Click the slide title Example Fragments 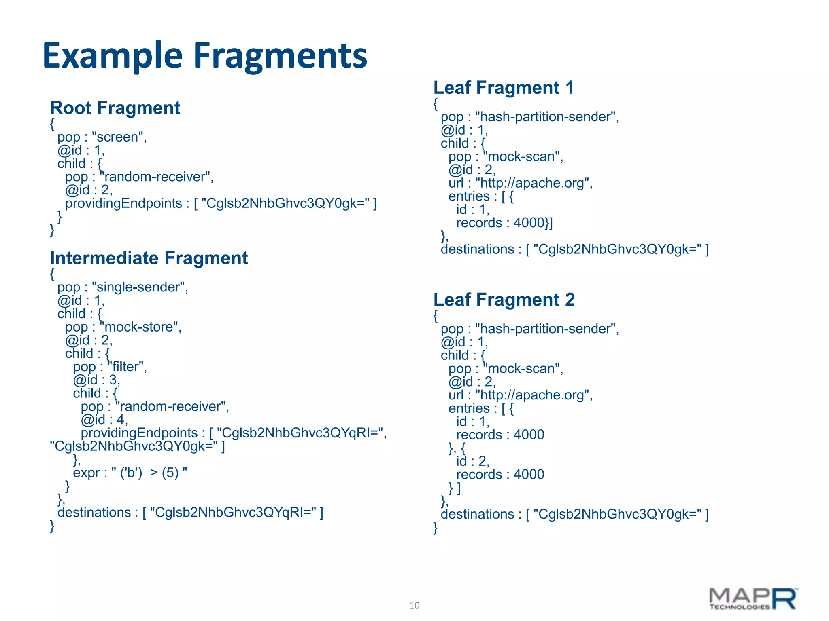pyautogui.click(x=205, y=56)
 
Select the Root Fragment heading pyautogui.click(x=115, y=108)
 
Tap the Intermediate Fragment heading pyautogui.click(x=149, y=258)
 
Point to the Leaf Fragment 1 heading pyautogui.click(x=504, y=88)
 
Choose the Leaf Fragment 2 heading pyautogui.click(x=504, y=300)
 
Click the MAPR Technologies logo pyautogui.click(x=753, y=599)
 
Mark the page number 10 pyautogui.click(x=414, y=605)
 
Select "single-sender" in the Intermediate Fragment pyautogui.click(x=140, y=287)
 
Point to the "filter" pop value pyautogui.click(x=127, y=367)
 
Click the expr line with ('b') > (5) pyautogui.click(x=130, y=473)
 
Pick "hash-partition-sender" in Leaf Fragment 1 pyautogui.click(x=546, y=117)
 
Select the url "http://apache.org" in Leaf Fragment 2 pyautogui.click(x=534, y=395)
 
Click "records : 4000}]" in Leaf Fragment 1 pyautogui.click(x=504, y=223)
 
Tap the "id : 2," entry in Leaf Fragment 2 pyautogui.click(x=473, y=461)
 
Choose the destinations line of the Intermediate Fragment pyautogui.click(x=190, y=513)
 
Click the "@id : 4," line pyautogui.click(x=104, y=420)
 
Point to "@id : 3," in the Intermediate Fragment pyautogui.click(x=96, y=380)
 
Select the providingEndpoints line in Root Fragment pyautogui.click(x=221, y=203)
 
